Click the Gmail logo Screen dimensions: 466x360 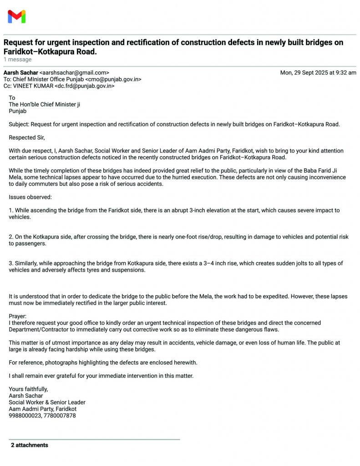tap(16, 17)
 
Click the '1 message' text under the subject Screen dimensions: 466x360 tap(18, 60)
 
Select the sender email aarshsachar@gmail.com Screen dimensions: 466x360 tap(74, 72)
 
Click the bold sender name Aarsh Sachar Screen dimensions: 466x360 tap(21, 72)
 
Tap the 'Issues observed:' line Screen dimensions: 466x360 tap(30, 197)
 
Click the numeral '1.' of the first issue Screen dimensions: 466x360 tap(11, 211)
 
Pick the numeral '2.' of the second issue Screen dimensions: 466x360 tap(11, 237)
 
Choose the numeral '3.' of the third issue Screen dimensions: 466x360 tap(11, 263)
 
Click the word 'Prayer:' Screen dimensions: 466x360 tap(18, 316)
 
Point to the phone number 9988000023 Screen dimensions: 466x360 tap(25, 415)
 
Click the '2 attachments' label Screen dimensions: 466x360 tap(30, 445)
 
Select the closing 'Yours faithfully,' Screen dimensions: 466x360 tap(28, 389)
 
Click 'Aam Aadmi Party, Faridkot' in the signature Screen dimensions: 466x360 tap(43, 409)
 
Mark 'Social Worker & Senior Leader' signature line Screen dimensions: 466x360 tap(47, 402)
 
